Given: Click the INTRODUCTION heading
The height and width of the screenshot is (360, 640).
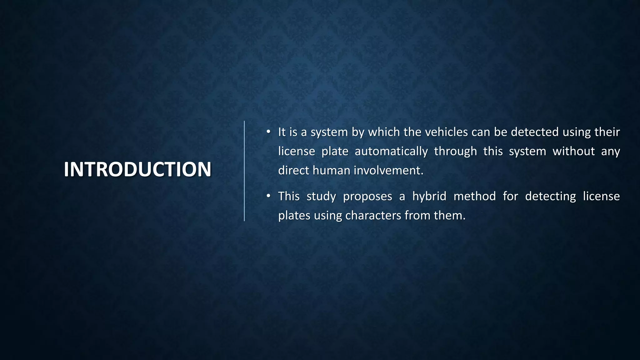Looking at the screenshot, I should [x=137, y=169].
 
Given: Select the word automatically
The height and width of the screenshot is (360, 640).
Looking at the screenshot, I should [x=391, y=151].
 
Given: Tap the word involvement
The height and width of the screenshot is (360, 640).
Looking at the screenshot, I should [x=388, y=170].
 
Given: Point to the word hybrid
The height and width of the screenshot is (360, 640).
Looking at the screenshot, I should [x=429, y=196].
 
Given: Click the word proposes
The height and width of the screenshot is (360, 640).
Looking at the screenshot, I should [x=367, y=197].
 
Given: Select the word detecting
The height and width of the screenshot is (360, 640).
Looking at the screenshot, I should [x=550, y=197].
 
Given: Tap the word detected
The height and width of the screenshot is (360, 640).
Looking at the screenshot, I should [x=535, y=132].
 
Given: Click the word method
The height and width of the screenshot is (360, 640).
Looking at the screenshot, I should [x=474, y=196].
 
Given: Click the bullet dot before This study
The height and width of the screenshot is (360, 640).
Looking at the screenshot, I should [x=268, y=196].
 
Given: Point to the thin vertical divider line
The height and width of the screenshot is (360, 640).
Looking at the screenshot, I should [x=244, y=171].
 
